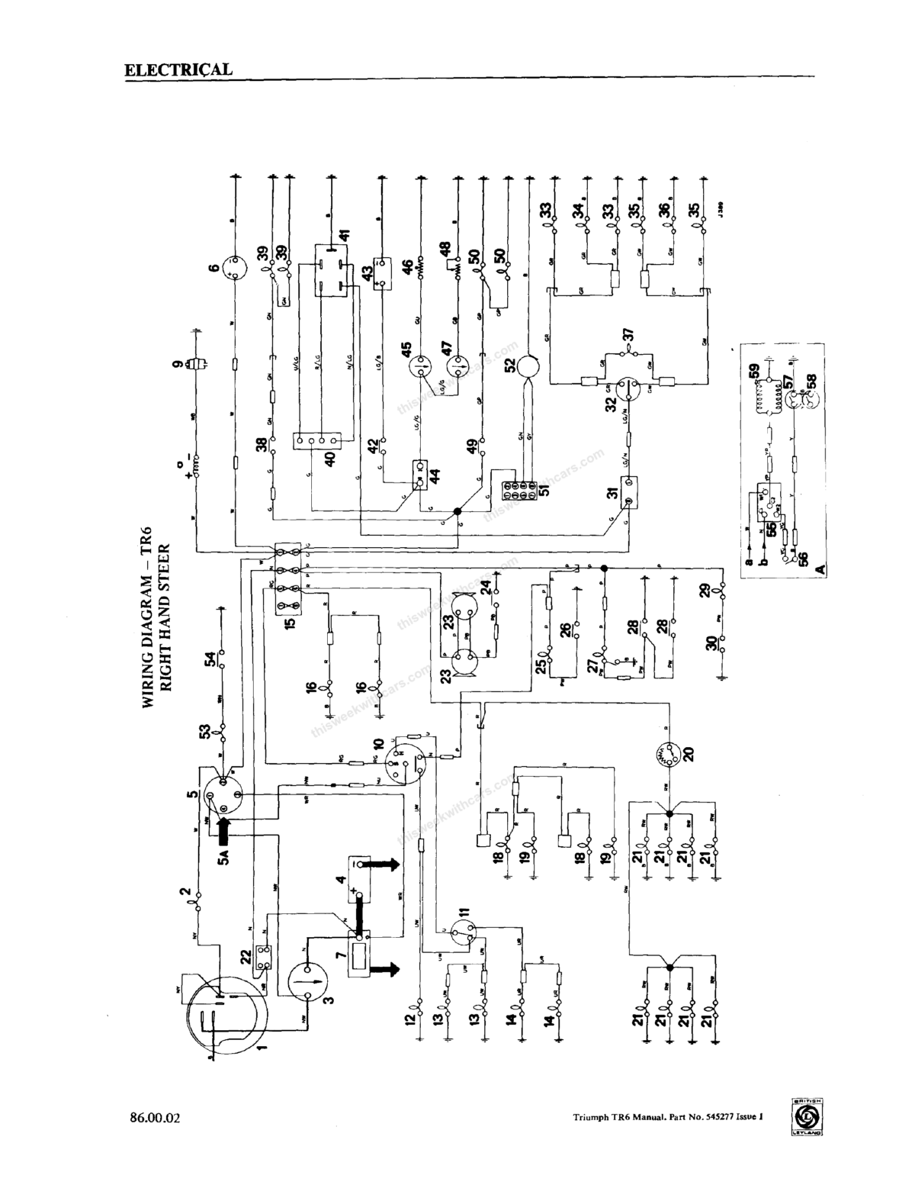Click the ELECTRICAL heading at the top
pos(178,69)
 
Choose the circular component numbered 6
pos(235,269)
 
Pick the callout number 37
pos(628,334)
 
